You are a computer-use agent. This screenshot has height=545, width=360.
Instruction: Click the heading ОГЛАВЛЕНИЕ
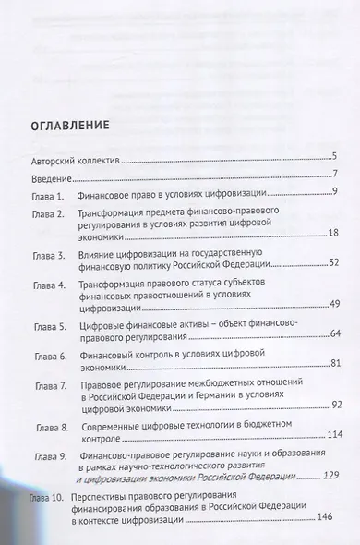(69, 124)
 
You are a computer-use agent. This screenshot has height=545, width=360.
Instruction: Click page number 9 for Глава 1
(339, 192)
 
